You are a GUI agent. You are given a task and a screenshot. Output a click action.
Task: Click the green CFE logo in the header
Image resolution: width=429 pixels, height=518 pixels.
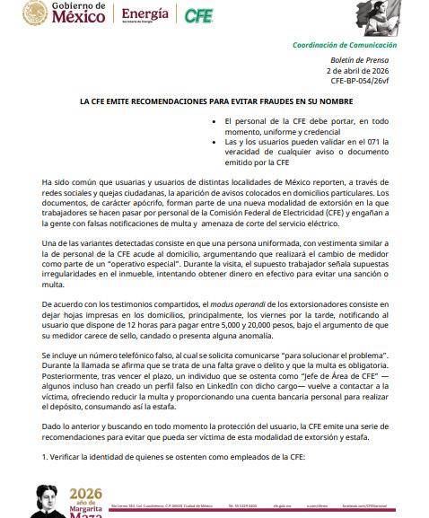pyautogui.click(x=198, y=15)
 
